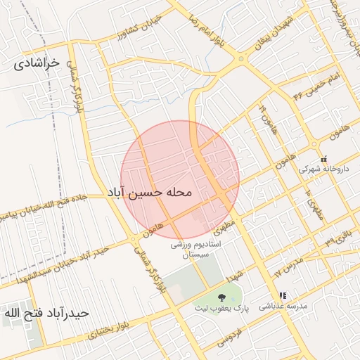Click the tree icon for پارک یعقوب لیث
point(222,297)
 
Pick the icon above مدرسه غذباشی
point(283,296)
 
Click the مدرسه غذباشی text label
point(283,307)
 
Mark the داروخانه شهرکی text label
point(323,169)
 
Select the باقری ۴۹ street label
point(341,234)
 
